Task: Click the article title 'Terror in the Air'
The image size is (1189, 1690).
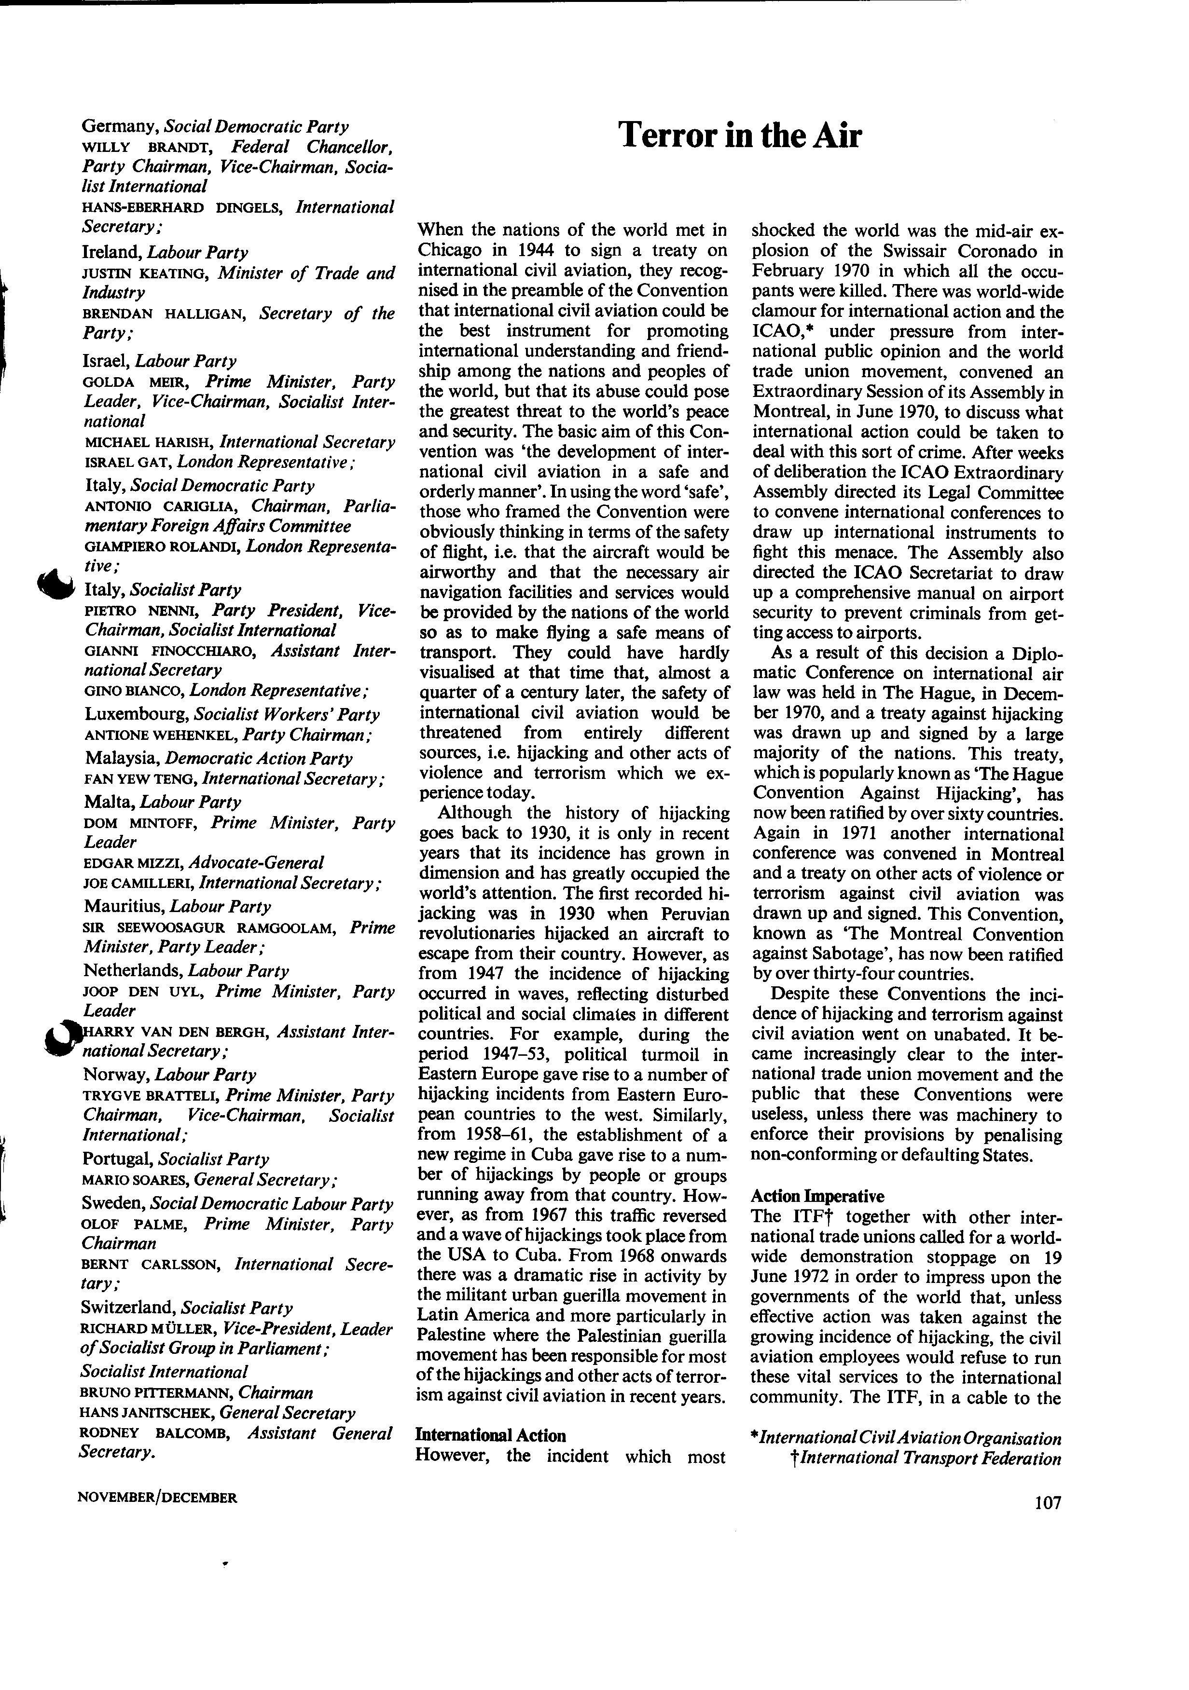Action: tap(739, 136)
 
